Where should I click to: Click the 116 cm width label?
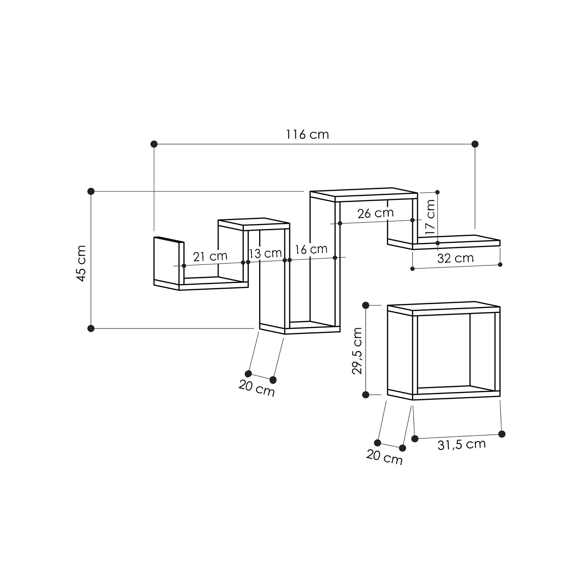point(307,135)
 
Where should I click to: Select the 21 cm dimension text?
point(210,256)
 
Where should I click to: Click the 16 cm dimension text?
point(311,250)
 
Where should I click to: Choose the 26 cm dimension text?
point(375,213)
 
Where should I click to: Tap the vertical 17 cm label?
point(430,217)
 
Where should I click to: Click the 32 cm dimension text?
point(455,258)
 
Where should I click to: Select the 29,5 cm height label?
point(357,351)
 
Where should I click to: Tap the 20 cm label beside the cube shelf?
point(384,457)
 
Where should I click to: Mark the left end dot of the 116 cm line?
point(154,144)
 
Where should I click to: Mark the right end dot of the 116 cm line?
point(475,144)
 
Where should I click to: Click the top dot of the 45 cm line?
point(91,191)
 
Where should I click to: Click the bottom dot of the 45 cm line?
point(91,328)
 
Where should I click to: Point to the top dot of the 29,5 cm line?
point(366,305)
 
